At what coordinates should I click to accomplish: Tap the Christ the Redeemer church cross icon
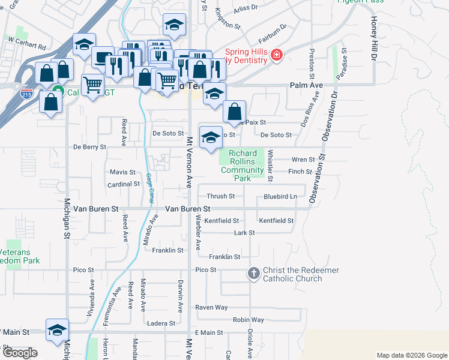[x=253, y=274]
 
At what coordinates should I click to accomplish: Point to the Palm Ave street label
[x=306, y=86]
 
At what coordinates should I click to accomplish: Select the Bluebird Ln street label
[x=280, y=196]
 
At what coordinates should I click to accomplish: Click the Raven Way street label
[x=212, y=307]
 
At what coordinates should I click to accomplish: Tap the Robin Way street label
[x=249, y=320]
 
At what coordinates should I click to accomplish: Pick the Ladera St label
[x=163, y=323]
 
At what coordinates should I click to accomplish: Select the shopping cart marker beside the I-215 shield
[x=92, y=85]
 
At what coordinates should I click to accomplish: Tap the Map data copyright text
[x=412, y=356]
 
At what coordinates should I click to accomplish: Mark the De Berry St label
[x=89, y=146]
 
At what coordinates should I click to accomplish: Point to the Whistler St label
[x=271, y=166]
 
